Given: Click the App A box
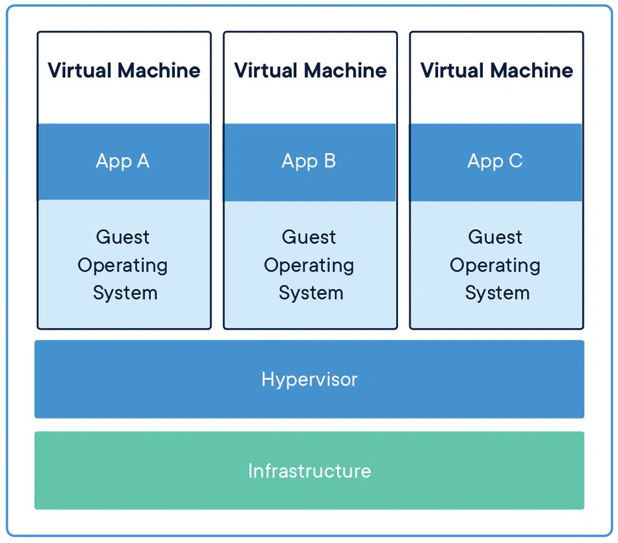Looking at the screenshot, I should point(123,162).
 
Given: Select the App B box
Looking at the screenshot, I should point(309,162).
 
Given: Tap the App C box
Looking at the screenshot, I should point(495,162).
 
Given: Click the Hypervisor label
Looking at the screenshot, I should point(309,379).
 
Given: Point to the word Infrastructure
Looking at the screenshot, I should point(309,470).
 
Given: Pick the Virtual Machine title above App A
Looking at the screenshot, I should point(124,70).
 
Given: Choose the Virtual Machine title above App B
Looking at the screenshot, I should point(310,70).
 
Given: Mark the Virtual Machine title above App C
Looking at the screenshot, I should point(496,70).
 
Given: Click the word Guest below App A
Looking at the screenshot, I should point(123,237).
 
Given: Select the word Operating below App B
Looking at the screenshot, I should point(309,266).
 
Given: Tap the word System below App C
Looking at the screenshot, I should point(497,293).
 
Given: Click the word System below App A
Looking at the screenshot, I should point(125,293).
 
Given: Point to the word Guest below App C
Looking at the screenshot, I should point(495,237).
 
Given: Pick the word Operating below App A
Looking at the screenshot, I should point(123,266).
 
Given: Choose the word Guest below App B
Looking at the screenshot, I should point(309,237).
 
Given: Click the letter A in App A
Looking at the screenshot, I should point(142,161).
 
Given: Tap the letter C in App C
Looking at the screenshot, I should point(515,161).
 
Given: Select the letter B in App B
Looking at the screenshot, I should point(329,161).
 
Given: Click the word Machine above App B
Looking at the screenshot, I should point(345,70).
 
